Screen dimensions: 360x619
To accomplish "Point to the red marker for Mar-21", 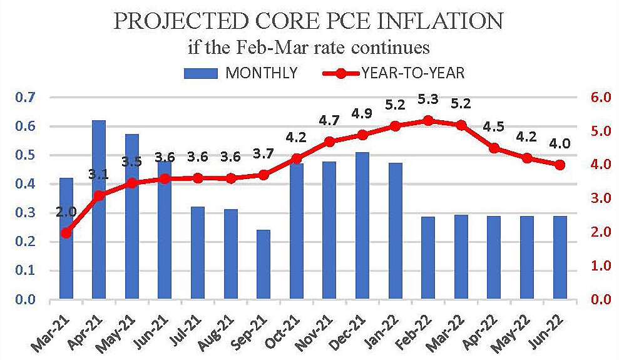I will [66, 233].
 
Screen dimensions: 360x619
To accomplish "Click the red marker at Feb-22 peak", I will [428, 120].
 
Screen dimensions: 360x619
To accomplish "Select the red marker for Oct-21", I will [297, 158].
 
